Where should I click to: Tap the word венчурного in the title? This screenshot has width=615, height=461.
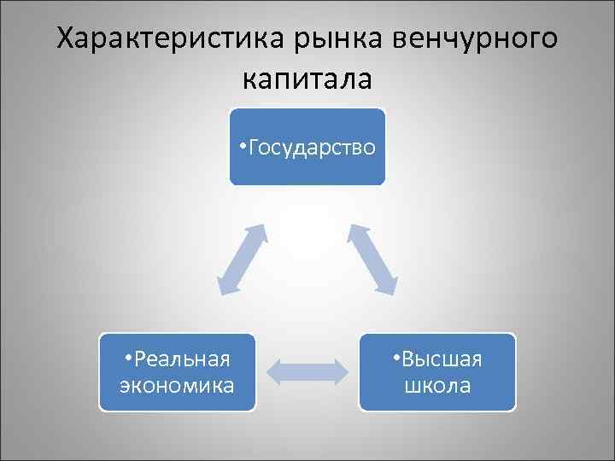coord(477,39)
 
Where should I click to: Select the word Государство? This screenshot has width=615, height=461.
coord(313,148)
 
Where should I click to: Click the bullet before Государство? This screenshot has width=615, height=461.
coord(243,147)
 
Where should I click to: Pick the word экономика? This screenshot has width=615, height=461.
coord(178,385)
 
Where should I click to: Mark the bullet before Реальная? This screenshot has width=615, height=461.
coord(127,358)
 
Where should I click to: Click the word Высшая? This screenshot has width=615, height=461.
coord(442,359)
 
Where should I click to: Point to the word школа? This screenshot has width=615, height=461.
coord(437,385)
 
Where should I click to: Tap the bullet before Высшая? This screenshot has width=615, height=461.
coord(395,358)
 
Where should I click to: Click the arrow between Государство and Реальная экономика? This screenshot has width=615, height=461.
coord(241,260)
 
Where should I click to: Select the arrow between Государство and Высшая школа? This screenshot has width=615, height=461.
coord(372,260)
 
